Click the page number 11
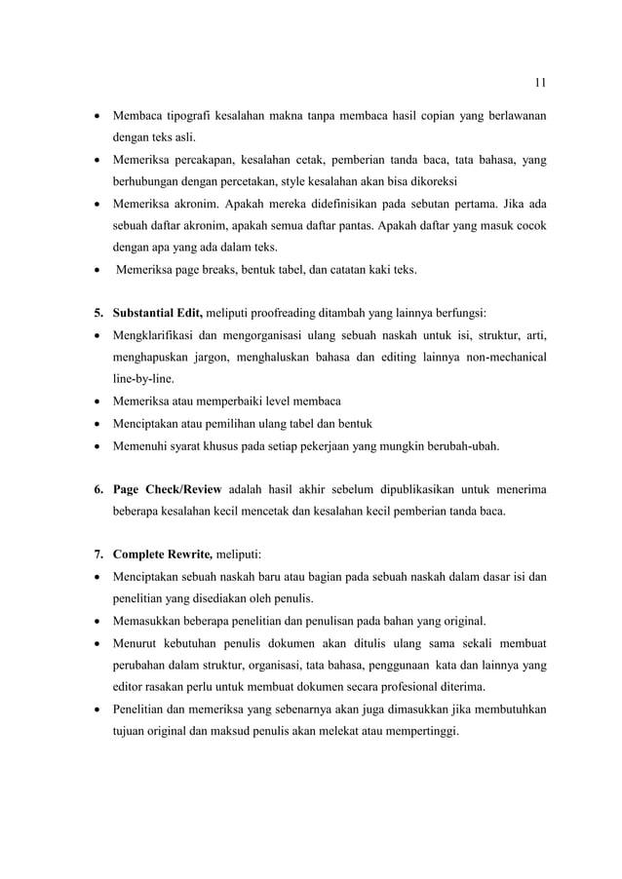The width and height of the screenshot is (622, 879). (x=541, y=81)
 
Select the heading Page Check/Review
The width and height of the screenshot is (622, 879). (x=167, y=488)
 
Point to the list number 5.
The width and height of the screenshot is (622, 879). (x=97, y=313)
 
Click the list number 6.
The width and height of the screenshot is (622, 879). (x=97, y=488)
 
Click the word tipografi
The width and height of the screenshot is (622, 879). (x=195, y=117)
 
